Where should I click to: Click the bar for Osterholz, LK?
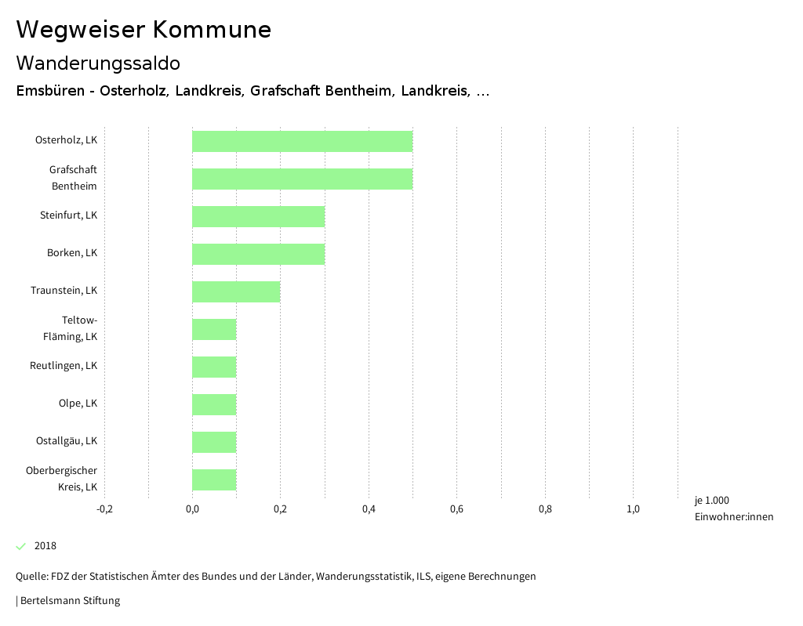coord(302,141)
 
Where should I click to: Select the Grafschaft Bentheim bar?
coord(302,179)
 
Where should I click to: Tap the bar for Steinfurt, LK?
coord(258,216)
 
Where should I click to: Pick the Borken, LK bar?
coord(258,254)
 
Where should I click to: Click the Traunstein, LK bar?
coord(236,291)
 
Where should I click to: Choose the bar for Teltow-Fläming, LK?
coord(214,329)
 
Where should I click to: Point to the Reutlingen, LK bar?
coord(214,367)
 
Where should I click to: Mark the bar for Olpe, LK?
coord(214,404)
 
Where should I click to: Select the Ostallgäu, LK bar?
coord(214,442)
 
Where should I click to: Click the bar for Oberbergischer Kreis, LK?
coord(214,479)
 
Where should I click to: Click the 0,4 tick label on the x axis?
coord(369,509)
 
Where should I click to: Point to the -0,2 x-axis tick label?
coord(104,509)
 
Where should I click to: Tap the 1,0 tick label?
coord(633,509)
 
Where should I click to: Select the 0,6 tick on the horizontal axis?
coord(456,509)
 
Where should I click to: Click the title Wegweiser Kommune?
coord(144,30)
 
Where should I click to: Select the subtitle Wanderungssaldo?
coord(98,63)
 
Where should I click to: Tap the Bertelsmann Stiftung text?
coord(68,601)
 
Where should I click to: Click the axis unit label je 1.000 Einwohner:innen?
coord(733,508)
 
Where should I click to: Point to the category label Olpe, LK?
coord(78,403)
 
